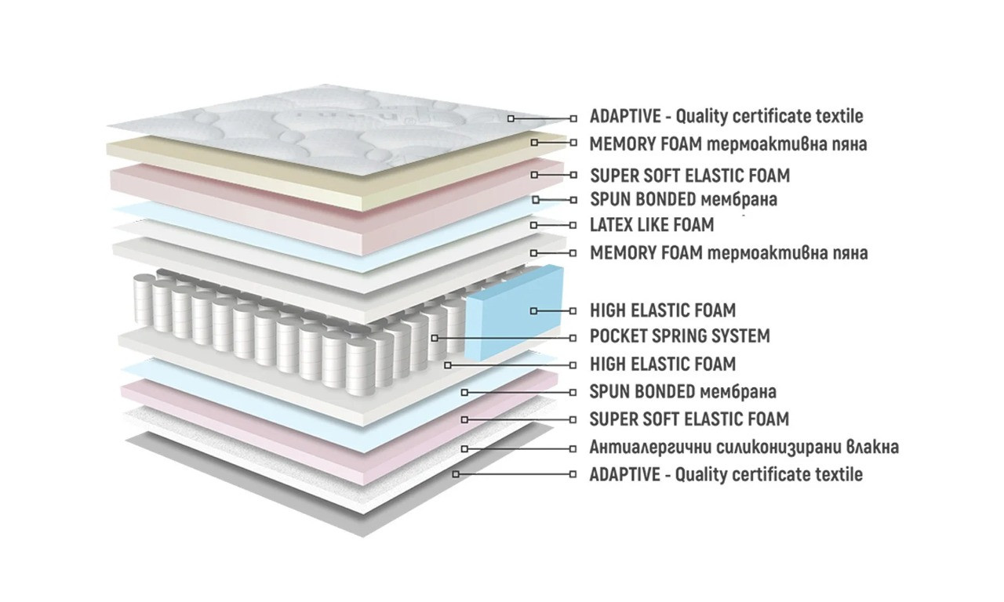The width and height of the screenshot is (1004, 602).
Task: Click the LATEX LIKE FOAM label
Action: tap(652, 225)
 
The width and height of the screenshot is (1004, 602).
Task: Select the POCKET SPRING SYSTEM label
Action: tap(679, 336)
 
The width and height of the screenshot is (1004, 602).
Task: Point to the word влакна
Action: tap(871, 448)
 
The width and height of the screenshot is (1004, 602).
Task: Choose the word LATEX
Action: tap(613, 225)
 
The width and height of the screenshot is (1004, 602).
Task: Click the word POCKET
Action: tap(616, 336)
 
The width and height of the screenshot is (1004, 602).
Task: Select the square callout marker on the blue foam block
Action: tap(534, 311)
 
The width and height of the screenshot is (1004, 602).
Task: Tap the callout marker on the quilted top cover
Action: tap(511, 118)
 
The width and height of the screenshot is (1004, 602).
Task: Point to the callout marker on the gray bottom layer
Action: tap(455, 474)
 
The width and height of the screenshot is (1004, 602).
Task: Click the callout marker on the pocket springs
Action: tap(435, 338)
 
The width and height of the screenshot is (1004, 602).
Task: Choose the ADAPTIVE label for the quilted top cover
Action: tap(726, 117)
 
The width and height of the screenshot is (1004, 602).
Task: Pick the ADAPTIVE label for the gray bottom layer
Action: tap(726, 474)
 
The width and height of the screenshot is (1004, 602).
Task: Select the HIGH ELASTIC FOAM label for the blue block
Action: tap(662, 310)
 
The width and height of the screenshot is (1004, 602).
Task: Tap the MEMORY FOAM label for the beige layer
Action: tap(728, 144)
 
